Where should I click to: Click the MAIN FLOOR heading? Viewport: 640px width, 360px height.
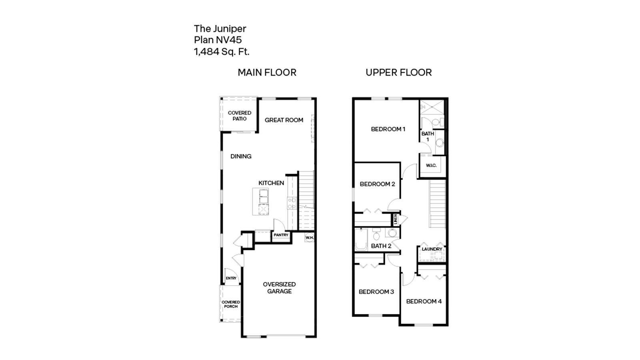pyautogui.click(x=267, y=72)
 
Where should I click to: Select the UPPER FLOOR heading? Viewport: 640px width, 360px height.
pyautogui.click(x=398, y=72)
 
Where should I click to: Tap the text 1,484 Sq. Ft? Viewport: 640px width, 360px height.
pyautogui.click(x=222, y=52)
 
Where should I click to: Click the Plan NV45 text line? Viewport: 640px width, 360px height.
pyautogui.click(x=218, y=40)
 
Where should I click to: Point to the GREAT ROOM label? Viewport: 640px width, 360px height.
pyautogui.click(x=284, y=120)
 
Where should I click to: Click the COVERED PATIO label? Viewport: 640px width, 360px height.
pyautogui.click(x=240, y=116)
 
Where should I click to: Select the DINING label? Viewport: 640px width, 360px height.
pyautogui.click(x=241, y=156)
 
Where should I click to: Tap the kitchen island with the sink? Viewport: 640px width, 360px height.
pyautogui.click(x=260, y=202)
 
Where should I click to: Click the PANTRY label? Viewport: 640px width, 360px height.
pyautogui.click(x=281, y=235)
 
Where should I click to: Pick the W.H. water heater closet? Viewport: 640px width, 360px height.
pyautogui.click(x=309, y=237)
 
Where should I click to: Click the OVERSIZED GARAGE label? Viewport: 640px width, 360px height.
pyautogui.click(x=279, y=288)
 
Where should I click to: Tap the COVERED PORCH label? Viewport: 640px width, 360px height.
pyautogui.click(x=231, y=304)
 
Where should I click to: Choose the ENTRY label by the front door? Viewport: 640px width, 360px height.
pyautogui.click(x=231, y=278)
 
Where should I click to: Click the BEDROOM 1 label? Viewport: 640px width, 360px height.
pyautogui.click(x=388, y=129)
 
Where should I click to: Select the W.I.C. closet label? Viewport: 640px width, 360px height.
pyautogui.click(x=431, y=166)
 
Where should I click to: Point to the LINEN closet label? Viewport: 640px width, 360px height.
pyautogui.click(x=395, y=219)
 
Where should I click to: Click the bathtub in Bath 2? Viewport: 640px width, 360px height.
pyautogui.click(x=361, y=240)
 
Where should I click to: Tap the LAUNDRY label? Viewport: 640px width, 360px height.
pyautogui.click(x=432, y=249)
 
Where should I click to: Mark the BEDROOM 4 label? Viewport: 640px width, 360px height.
pyautogui.click(x=424, y=302)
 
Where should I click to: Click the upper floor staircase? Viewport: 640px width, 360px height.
pyautogui.click(x=437, y=204)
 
